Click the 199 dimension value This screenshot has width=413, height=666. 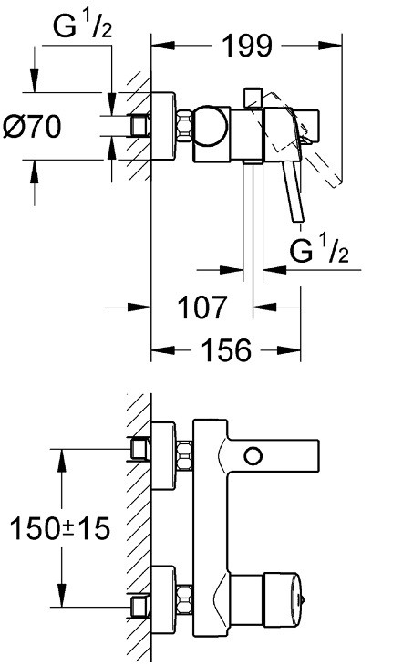click(x=246, y=46)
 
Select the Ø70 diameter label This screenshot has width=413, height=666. click(x=32, y=127)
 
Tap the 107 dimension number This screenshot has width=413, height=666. click(x=202, y=307)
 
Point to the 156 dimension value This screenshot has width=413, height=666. click(x=226, y=350)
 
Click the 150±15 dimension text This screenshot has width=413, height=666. click(x=60, y=528)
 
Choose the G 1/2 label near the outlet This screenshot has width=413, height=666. click(x=319, y=250)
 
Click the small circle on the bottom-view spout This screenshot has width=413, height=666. click(x=253, y=456)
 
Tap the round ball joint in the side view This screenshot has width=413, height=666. click(x=211, y=126)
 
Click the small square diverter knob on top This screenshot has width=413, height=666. click(x=253, y=99)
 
